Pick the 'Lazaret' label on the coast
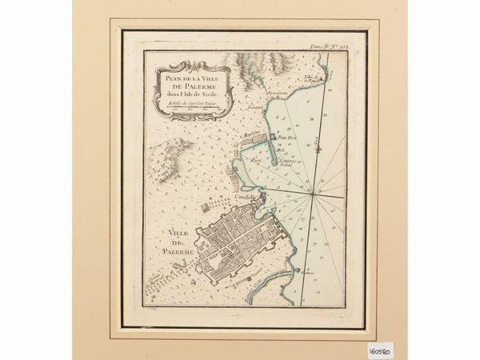[x=255, y=106]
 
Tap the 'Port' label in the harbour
[x=256, y=159]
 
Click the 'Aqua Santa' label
[x=277, y=94]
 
